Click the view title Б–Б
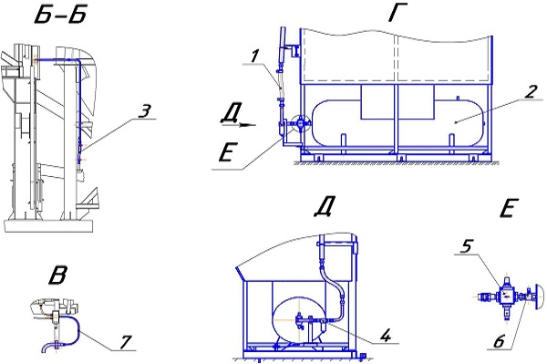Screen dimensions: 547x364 [60, 16]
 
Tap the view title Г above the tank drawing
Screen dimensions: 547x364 [397, 15]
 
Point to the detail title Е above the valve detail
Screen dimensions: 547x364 [510, 209]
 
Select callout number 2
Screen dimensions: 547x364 [531, 91]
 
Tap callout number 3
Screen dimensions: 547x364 [143, 110]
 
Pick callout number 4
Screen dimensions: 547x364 [385, 336]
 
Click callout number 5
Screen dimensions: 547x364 [467, 247]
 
